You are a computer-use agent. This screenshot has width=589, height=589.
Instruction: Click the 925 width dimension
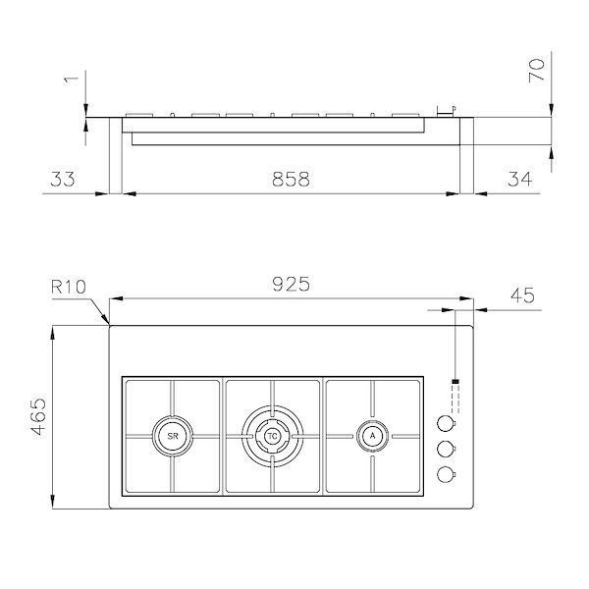pos(292,285)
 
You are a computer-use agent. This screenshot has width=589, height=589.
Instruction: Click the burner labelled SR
pos(171,434)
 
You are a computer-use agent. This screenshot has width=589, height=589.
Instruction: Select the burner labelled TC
pos(272,434)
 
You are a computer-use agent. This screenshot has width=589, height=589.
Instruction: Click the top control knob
pos(447,424)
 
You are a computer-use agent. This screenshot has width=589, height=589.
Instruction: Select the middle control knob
pos(447,450)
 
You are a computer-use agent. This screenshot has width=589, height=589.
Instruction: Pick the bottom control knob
pos(447,475)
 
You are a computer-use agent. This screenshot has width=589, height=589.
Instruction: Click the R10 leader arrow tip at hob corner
pos(108,324)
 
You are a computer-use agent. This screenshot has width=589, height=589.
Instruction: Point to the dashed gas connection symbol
pos(455,395)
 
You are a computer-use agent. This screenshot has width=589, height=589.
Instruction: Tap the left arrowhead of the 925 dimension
pos(112,298)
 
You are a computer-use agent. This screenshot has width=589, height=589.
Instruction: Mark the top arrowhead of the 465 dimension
pos(51,329)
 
